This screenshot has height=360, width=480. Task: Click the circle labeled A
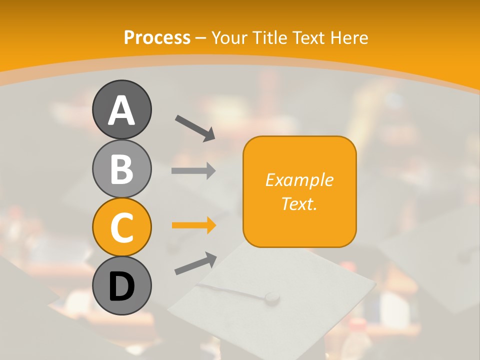[121, 109]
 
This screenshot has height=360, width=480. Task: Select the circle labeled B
[121, 168]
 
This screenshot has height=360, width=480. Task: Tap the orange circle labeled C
[121, 227]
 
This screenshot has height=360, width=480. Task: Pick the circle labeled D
[121, 285]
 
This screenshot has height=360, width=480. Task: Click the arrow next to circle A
[195, 127]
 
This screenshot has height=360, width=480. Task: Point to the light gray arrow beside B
[193, 170]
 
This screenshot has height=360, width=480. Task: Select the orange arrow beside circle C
[193, 225]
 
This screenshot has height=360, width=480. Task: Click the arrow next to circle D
[195, 263]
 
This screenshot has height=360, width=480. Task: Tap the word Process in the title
[157, 38]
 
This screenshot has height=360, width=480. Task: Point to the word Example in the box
[299, 180]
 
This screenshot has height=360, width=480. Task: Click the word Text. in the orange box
[299, 204]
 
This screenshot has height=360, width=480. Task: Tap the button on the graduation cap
[271, 297]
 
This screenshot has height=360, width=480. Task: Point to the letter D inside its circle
[121, 286]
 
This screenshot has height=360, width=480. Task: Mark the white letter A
[121, 110]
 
